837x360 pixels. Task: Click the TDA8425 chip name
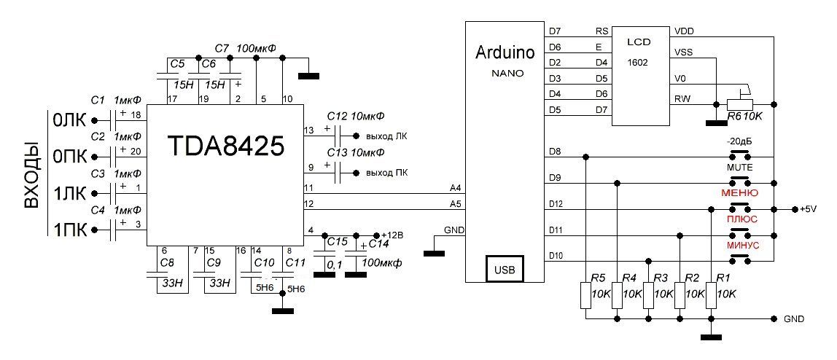[x=225, y=145]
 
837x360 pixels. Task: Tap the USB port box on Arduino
[x=505, y=269]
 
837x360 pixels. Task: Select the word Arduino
[x=505, y=52]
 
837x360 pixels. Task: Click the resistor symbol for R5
[x=586, y=296]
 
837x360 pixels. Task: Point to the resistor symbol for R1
[x=711, y=296]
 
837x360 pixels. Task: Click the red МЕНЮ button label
[x=740, y=192]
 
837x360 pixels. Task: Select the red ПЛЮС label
[x=741, y=219]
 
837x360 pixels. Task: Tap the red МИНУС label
[x=740, y=246]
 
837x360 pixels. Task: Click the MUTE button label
[x=740, y=168]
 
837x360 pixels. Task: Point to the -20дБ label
[x=740, y=142]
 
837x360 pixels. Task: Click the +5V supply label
[x=809, y=209]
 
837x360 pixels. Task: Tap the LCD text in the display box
[x=639, y=42]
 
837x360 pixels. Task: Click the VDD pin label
[x=685, y=31]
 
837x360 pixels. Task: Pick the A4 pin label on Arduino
[x=456, y=188]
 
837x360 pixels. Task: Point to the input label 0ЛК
[x=69, y=120]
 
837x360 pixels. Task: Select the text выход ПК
[x=387, y=173]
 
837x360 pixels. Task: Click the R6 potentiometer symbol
[x=740, y=104]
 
